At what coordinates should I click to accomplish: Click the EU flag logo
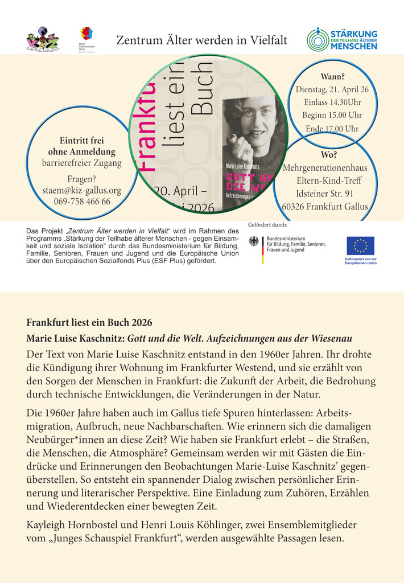point(360,246)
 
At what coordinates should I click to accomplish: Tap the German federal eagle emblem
point(254,241)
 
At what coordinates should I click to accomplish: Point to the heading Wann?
point(333,77)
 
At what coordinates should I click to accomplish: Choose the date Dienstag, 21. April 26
point(332,90)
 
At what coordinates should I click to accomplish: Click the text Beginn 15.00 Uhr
point(332,116)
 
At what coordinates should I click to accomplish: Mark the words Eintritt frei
point(82,140)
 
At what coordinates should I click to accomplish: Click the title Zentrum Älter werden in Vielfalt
point(201,40)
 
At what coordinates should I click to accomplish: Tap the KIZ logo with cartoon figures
point(42,40)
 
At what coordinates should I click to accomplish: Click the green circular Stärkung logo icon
point(318,39)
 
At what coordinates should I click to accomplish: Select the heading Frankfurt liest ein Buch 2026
point(89,322)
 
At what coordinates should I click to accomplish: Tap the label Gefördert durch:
point(267,225)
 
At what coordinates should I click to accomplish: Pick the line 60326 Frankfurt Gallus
point(325,207)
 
